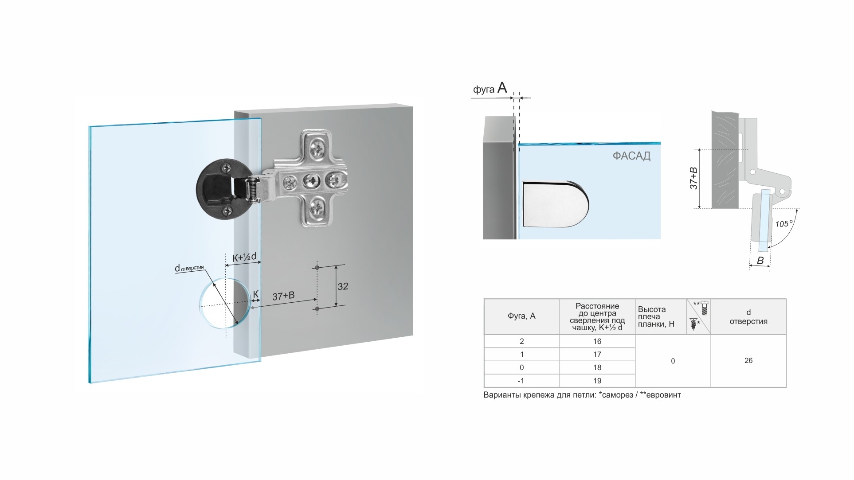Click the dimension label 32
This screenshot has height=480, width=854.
point(343,286)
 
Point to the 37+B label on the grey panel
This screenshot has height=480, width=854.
point(283,296)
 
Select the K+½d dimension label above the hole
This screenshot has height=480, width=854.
point(244,257)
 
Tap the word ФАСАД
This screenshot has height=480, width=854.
point(631,156)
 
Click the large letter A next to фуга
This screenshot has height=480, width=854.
point(502,87)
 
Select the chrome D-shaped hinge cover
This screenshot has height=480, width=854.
point(556,204)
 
